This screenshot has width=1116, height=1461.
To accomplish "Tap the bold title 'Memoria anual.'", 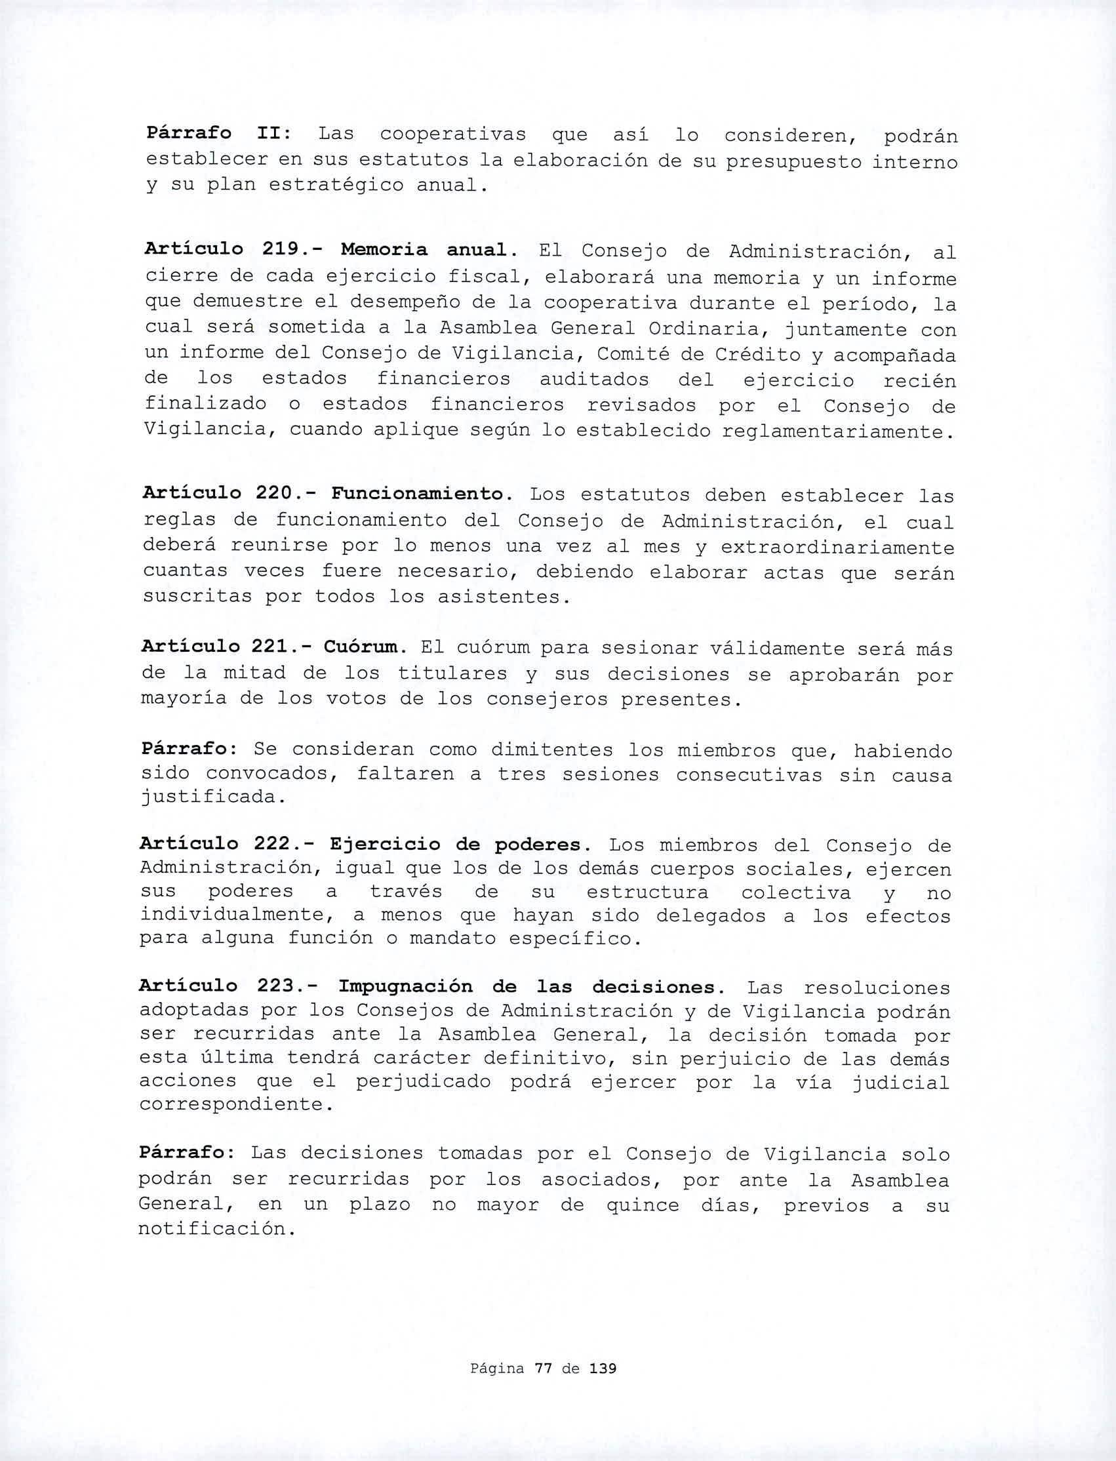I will point(429,250).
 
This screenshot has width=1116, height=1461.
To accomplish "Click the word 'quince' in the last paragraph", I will point(643,1206).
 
